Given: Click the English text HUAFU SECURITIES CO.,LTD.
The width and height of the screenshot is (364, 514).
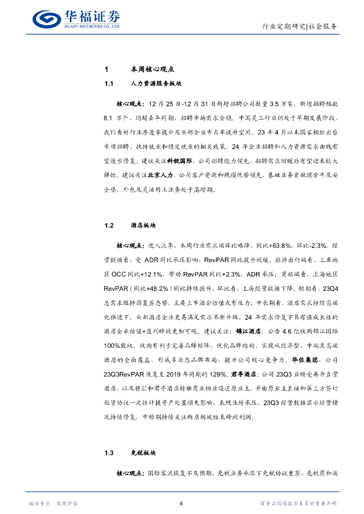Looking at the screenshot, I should [x=92, y=26].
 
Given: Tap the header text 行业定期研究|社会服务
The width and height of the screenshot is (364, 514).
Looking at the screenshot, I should [x=300, y=27].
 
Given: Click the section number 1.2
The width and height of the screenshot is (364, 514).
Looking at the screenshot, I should [x=110, y=226].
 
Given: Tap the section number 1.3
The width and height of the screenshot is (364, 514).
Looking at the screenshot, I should [x=110, y=453].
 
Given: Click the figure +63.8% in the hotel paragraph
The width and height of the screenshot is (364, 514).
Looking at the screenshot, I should [x=277, y=246].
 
